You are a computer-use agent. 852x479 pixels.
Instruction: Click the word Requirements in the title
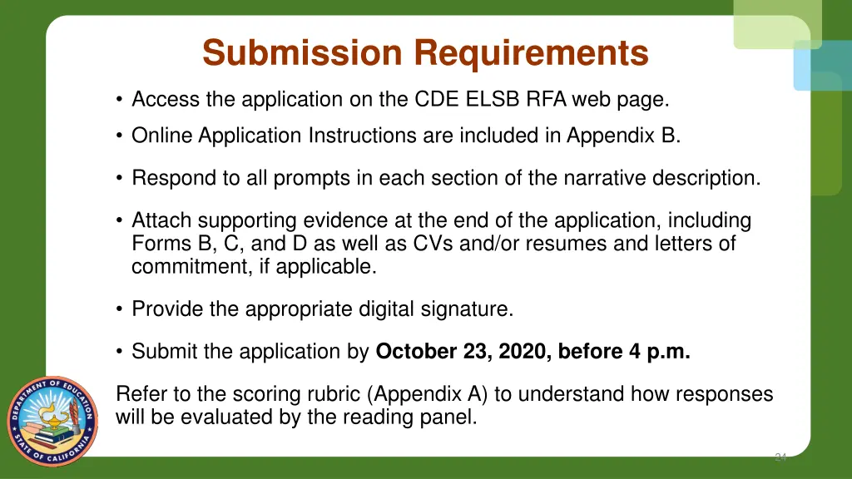point(532,54)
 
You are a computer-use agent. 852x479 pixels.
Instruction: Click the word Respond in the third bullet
point(170,178)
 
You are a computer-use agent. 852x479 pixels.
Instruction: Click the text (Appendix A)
point(426,394)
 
